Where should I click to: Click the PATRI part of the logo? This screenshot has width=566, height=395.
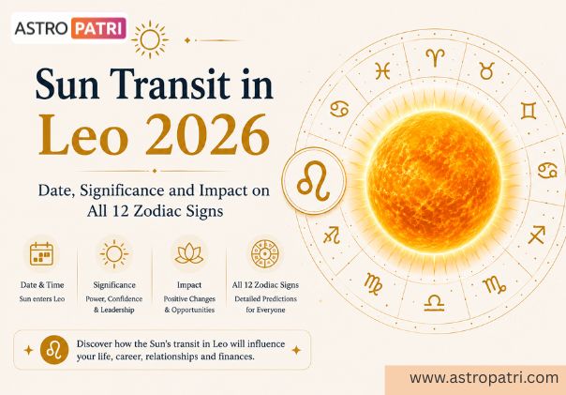click(98, 28)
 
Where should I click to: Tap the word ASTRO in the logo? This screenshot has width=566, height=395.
click(41, 28)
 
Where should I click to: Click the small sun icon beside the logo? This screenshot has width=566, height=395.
click(150, 39)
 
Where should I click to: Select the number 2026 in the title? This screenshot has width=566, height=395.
click(207, 135)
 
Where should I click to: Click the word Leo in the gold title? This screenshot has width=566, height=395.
click(83, 135)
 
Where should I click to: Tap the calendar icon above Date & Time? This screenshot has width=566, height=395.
click(41, 254)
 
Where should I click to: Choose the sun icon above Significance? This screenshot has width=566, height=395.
click(114, 254)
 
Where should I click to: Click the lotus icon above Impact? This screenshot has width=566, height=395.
click(189, 253)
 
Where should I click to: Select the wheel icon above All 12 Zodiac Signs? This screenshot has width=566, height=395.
click(265, 254)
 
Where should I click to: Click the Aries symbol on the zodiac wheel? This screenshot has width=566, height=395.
click(436, 58)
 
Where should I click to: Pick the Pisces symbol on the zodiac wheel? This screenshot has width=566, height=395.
click(382, 70)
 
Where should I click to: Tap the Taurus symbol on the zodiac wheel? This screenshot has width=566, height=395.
click(487, 70)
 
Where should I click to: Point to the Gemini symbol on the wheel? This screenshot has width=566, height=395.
click(529, 111)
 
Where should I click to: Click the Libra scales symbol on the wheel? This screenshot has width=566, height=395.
click(434, 303)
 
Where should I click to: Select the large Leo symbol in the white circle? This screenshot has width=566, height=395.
click(313, 181)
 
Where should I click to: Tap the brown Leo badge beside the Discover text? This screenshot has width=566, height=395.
click(54, 350)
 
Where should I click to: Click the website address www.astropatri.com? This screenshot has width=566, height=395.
click(484, 378)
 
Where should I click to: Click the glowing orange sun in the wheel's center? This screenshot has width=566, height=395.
click(434, 180)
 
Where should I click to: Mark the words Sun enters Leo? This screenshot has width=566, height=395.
click(42, 299)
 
